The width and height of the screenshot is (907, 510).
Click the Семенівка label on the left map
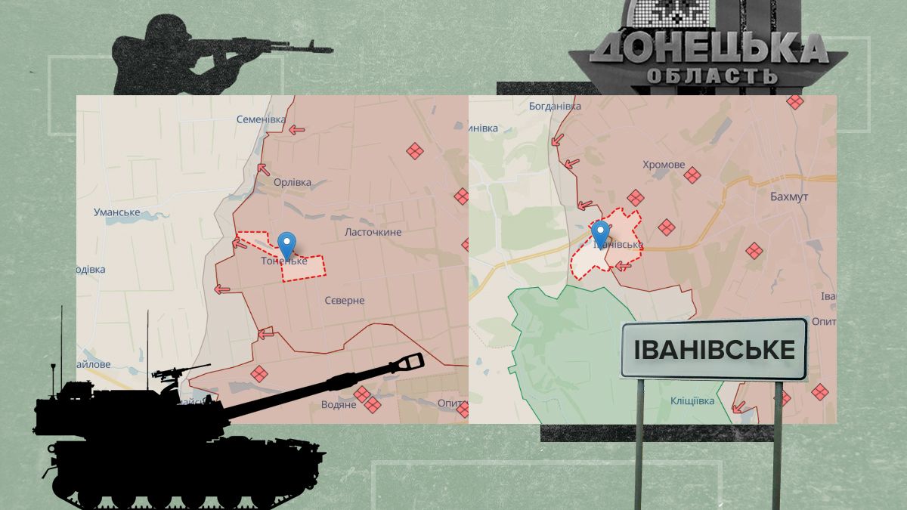coord(261,119)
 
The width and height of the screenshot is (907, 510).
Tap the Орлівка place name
coord(293,183)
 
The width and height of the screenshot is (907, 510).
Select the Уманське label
coord(117,212)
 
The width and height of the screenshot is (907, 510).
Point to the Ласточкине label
coord(373,232)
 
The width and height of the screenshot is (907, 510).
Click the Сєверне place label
coord(345,301)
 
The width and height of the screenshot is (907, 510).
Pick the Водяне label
coord(339,405)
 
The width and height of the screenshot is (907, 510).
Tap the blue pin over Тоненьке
coord(286,244)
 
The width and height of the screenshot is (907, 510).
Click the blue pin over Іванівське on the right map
coord(601,233)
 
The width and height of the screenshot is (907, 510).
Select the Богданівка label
coord(555,107)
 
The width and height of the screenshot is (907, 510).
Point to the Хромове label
coord(664,165)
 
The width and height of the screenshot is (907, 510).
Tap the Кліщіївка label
coord(692,401)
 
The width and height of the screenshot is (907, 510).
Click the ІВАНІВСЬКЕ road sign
coord(714,350)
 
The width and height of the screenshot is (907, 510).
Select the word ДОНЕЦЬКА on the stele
coord(709,50)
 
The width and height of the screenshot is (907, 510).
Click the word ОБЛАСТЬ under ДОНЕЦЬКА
coord(711,76)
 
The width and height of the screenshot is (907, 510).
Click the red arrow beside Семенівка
coord(296,130)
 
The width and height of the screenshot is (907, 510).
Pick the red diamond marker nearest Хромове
coord(692,176)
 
